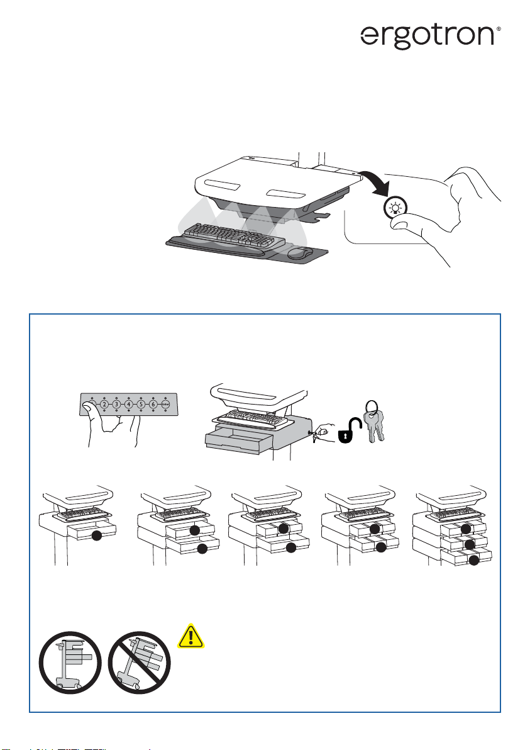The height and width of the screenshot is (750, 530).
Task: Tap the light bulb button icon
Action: [x=397, y=206]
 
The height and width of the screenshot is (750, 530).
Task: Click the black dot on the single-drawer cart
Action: [x=96, y=536]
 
